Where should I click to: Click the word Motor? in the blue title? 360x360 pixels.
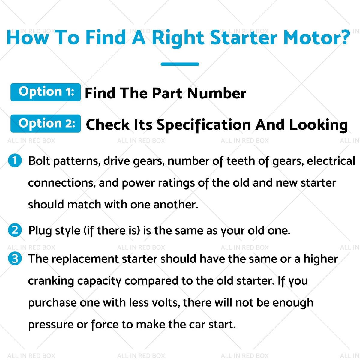(x=316, y=37)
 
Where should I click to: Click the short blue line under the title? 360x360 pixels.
(x=180, y=64)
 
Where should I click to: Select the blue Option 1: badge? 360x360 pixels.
(x=46, y=92)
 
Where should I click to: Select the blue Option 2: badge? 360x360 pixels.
(x=46, y=124)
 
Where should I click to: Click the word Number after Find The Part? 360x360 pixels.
(x=217, y=93)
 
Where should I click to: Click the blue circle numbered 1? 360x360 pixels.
(x=15, y=160)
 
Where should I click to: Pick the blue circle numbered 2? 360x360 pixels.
(x=15, y=230)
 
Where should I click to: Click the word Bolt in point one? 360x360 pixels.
(x=39, y=160)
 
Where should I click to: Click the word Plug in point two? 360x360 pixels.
(x=40, y=231)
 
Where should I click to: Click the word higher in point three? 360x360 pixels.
(x=321, y=259)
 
